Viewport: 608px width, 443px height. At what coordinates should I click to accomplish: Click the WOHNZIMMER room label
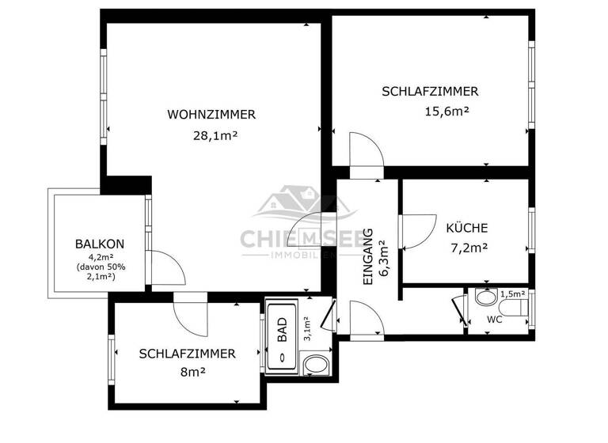211,115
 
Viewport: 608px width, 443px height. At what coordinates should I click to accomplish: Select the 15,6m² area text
447,112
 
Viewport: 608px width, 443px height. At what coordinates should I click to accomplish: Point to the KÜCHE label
466,227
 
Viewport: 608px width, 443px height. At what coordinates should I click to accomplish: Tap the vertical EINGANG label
368,257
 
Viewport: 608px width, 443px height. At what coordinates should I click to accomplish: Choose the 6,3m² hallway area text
385,256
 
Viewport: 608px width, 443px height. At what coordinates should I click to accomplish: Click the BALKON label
100,244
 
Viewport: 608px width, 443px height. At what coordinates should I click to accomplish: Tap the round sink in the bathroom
316,365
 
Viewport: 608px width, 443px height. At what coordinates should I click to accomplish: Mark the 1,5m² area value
514,293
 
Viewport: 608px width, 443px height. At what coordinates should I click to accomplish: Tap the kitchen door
417,231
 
